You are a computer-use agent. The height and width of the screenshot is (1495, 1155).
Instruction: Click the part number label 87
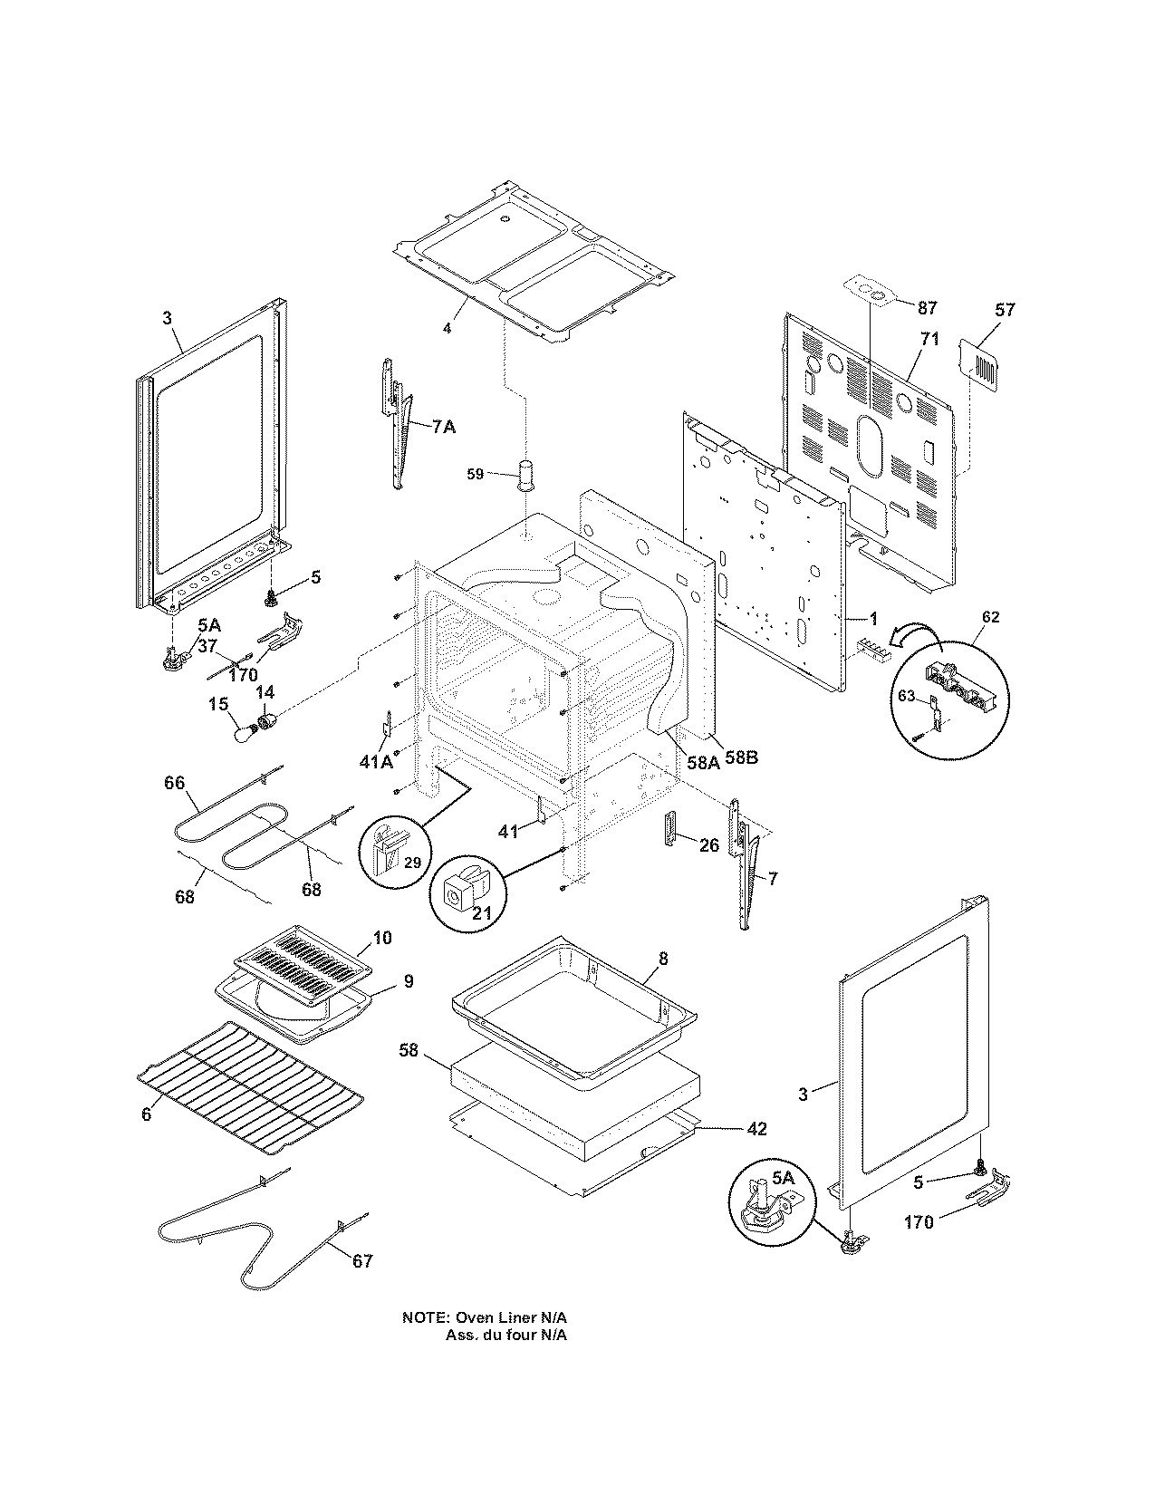pos(927,308)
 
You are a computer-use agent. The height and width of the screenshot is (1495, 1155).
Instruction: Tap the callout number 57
pos(1005,310)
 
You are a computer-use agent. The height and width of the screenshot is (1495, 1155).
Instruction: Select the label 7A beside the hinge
pos(443,427)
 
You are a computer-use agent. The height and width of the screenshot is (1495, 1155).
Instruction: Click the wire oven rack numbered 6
pos(249,1087)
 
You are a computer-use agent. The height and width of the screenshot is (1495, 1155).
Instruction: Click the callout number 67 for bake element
pos(361,1260)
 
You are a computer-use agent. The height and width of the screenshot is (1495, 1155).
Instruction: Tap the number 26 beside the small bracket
pos(709,845)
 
